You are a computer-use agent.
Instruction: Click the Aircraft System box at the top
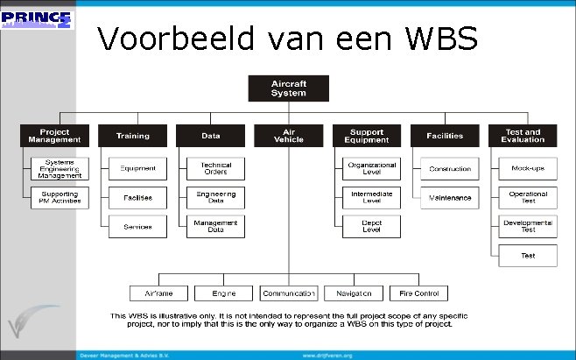pos(288,88)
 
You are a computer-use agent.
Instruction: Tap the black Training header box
pos(132,136)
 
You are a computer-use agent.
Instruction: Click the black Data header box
pos(210,136)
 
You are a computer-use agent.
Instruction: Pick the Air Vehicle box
pos(288,136)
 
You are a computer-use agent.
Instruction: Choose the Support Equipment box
pos(366,136)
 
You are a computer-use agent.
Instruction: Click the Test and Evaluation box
pos(523,136)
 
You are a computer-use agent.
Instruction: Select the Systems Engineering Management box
pos(60,168)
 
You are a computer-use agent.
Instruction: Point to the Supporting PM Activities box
pos(60,198)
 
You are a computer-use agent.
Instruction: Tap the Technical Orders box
pos(215,168)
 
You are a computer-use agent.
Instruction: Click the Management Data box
pos(215,227)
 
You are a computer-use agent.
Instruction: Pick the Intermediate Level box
pos(372,197)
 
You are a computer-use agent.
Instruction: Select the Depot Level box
pos(372,227)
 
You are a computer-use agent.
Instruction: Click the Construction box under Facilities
pos(450,168)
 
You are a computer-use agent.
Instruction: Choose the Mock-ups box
pos(528,168)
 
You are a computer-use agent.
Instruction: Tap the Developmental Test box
pos(528,227)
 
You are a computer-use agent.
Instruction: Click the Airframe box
pos(158,293)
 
